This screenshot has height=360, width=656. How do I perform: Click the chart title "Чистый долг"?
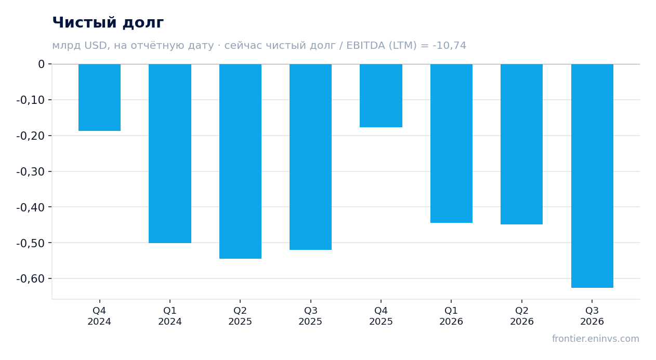click(x=108, y=23)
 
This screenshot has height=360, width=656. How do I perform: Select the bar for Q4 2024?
click(x=100, y=98)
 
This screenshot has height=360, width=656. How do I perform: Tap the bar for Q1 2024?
click(x=170, y=154)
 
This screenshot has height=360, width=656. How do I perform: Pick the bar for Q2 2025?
click(x=241, y=161)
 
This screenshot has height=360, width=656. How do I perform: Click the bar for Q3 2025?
click(x=311, y=157)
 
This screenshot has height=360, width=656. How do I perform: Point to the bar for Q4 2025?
click(x=381, y=96)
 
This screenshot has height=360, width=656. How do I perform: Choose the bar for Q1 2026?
click(x=451, y=143)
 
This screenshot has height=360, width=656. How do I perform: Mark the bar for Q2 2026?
click(x=521, y=144)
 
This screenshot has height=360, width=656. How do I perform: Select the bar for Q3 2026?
click(x=592, y=176)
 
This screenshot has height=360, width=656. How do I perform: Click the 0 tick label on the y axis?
click(x=41, y=64)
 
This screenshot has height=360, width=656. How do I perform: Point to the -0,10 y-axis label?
click(x=31, y=100)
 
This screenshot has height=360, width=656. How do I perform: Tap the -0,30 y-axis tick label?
click(x=31, y=171)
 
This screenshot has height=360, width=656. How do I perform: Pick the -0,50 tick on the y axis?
click(x=31, y=243)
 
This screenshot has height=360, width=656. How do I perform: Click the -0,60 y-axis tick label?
click(x=31, y=278)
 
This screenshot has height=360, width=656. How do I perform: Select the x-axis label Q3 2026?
click(x=592, y=316)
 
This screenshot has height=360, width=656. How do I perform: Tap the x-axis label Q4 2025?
click(x=381, y=316)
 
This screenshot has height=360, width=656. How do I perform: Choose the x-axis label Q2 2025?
click(x=241, y=316)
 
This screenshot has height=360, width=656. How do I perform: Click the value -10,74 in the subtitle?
click(x=449, y=45)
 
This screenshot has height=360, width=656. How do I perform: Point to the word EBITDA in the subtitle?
click(x=366, y=45)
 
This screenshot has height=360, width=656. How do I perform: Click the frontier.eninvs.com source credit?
click(x=596, y=339)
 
